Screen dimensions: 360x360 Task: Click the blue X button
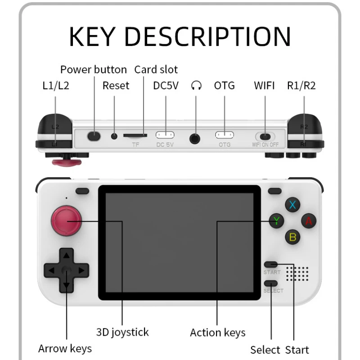pos(293,205)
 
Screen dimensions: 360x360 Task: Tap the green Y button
pos(276,221)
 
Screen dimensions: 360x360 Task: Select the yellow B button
pos(293,237)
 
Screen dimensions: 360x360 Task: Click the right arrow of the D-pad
pos(81,270)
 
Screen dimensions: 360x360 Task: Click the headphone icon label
pos(196,85)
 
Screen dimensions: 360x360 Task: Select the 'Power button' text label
pos(94,70)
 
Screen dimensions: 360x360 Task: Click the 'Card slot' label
pos(156,70)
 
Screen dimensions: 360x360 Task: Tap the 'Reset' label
pos(116,85)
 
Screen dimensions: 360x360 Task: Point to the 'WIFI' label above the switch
pos(264,85)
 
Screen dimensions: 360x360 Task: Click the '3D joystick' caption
pos(122,333)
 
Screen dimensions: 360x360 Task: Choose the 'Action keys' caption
pos(218,333)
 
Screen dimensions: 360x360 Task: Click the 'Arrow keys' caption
pos(65,348)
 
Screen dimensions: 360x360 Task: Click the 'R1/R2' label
pos(301,85)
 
